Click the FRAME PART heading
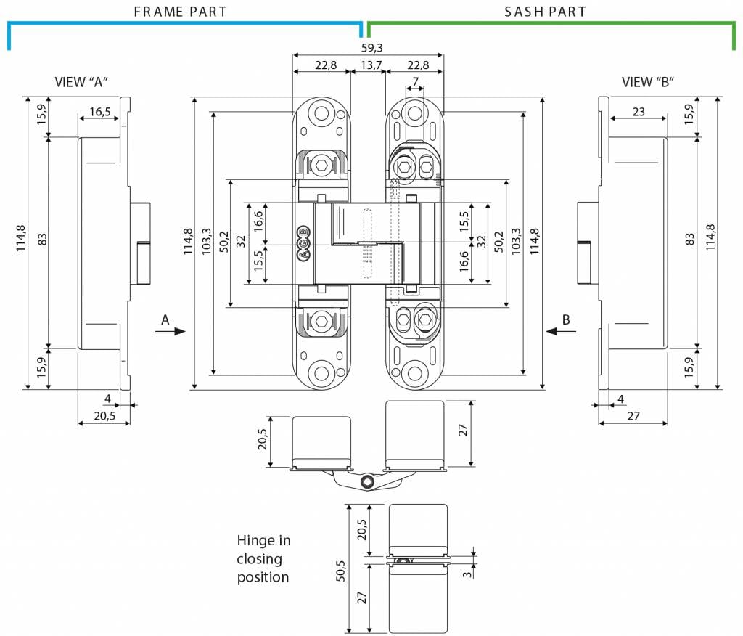[181, 12]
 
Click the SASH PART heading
[545, 12]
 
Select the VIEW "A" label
[81, 82]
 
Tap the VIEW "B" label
[648, 82]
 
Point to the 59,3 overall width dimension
[372, 47]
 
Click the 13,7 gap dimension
[371, 65]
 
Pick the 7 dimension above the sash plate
[416, 81]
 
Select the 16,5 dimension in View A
[100, 112]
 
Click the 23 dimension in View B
[639, 112]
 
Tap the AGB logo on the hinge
[303, 243]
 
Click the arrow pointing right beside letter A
[170, 331]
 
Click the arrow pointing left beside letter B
[561, 331]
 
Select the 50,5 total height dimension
[341, 571]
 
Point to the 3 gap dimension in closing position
[467, 574]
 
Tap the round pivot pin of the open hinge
[367, 482]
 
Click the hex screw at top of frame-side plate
[321, 166]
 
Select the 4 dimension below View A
[107, 399]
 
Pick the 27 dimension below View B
[633, 415]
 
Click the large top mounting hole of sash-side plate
[415, 113]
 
